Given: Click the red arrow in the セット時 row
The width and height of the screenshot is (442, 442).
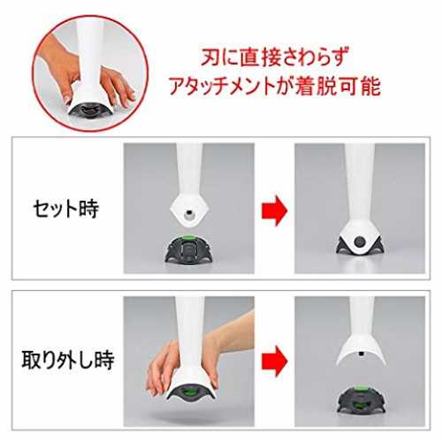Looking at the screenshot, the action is pos(275,210).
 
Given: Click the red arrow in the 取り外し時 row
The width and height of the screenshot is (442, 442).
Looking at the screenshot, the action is pos(275,362).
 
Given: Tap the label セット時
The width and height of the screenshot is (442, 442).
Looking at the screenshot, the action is pos(66,209).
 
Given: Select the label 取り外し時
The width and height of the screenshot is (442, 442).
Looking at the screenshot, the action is pos(68,360).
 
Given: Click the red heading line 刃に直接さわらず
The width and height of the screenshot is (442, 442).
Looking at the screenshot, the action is pos(275,57).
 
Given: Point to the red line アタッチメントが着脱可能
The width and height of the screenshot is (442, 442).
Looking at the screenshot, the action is pos(275,87).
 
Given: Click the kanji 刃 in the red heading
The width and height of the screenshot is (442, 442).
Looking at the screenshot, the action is pos(211,57).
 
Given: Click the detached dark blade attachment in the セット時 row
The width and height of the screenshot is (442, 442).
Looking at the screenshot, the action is pos(189,249).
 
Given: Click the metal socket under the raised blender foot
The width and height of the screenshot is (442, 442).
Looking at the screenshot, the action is pos(187,215).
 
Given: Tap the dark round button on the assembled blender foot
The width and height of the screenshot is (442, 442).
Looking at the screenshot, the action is pos(359,242).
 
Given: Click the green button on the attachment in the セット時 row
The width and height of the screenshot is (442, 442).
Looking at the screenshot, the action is pos(188,237).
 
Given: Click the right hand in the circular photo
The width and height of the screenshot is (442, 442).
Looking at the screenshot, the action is pos(118,85).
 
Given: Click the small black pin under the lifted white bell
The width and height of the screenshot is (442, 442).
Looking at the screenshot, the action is pos(360,354).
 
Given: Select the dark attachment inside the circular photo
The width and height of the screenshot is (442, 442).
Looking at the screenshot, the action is pos(90,110).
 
